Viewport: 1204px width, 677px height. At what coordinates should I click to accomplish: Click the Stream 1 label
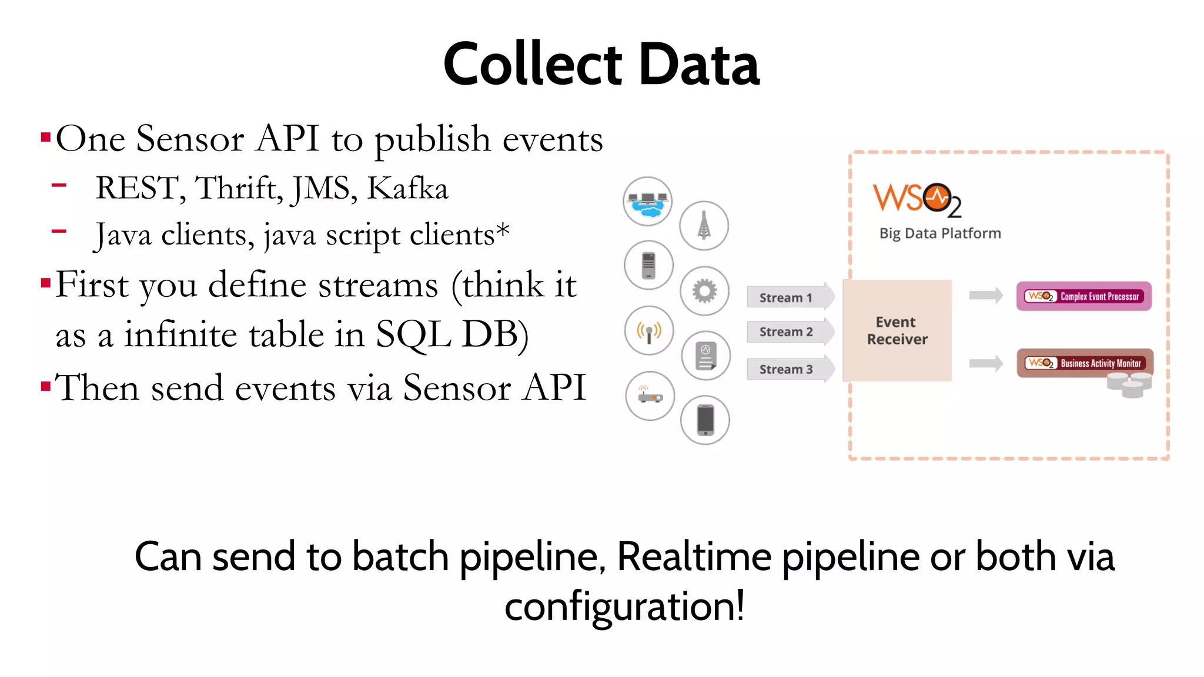pos(785,297)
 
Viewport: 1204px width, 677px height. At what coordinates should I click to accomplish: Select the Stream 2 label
pos(786,331)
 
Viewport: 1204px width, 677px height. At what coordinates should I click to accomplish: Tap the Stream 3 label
pos(786,369)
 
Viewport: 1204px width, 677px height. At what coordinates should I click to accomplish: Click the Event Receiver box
pos(897,330)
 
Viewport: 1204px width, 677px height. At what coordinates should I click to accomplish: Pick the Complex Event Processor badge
pos(1083,296)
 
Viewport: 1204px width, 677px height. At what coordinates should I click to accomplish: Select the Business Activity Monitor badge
pos(1085,363)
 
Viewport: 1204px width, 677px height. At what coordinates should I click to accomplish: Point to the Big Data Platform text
pos(939,233)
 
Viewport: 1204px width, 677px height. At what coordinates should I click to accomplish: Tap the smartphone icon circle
pos(705,420)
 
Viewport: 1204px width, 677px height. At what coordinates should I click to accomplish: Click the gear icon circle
pos(704,291)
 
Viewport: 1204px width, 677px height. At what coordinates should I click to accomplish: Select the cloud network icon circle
pos(648,202)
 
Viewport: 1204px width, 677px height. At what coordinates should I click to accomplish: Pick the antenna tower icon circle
pos(704,226)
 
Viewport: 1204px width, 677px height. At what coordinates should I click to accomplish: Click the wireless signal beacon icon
pos(649,331)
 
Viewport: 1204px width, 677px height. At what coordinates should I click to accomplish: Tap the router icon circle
pos(650,396)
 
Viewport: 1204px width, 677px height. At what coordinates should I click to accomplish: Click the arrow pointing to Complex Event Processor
pos(986,296)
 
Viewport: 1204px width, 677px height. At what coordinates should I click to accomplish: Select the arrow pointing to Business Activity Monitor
pos(986,363)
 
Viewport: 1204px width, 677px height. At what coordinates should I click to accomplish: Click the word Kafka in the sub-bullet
pos(407,189)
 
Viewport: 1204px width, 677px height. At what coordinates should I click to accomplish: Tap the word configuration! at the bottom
pos(624,606)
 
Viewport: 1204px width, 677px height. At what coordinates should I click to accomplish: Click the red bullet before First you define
pos(45,284)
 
